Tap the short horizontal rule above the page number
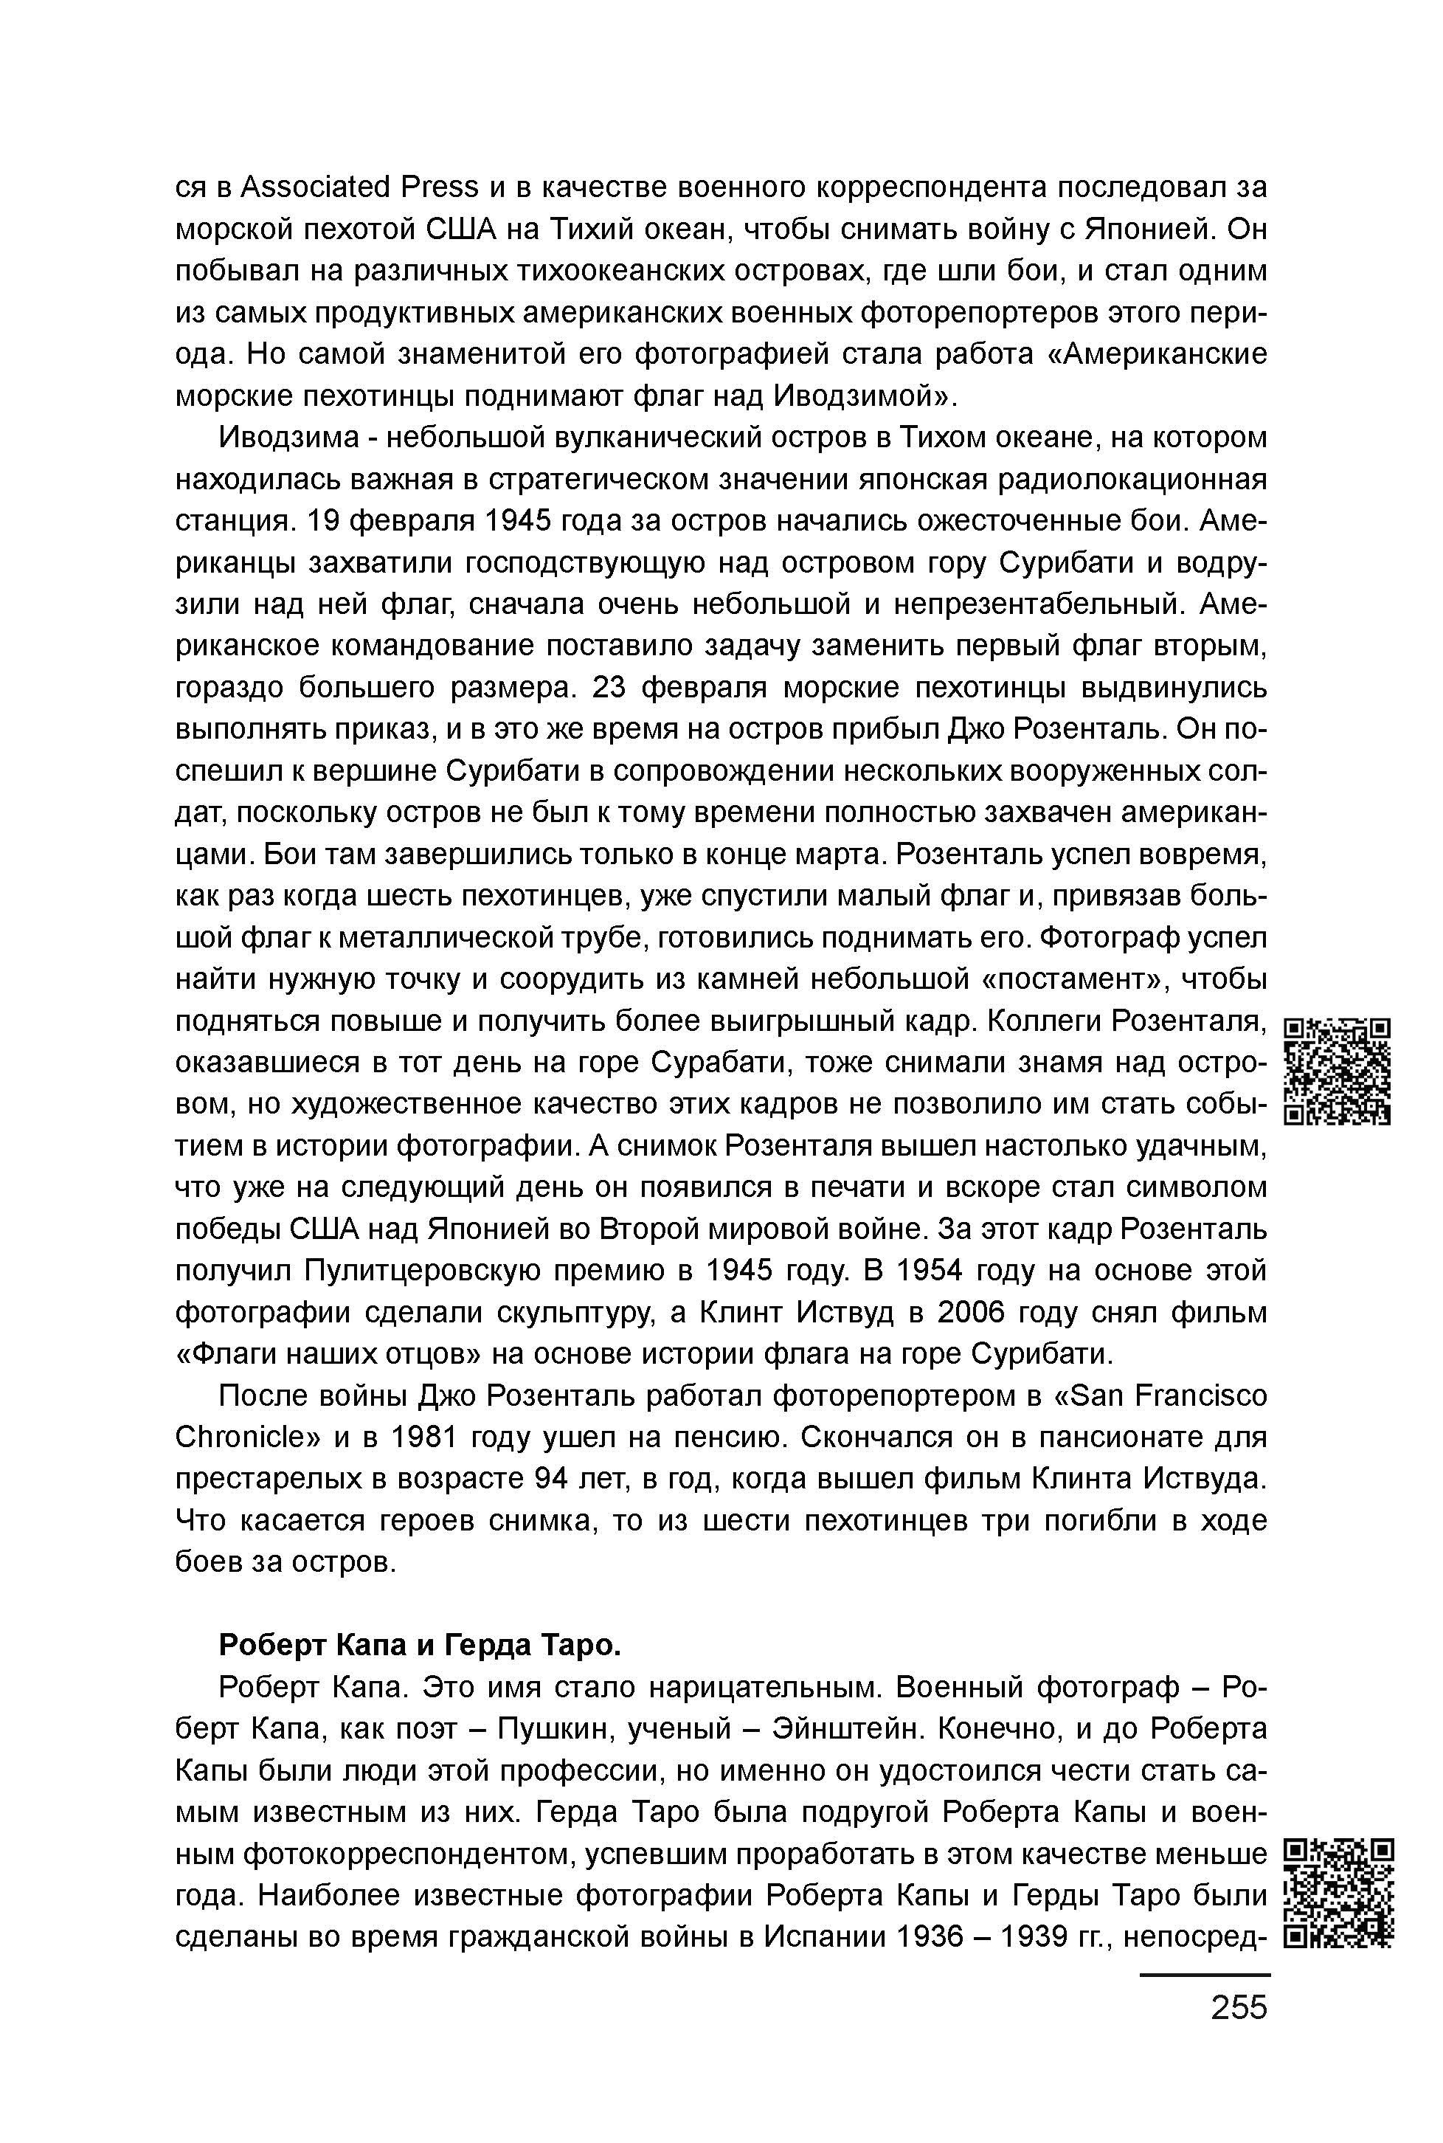click(x=1205, y=1973)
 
